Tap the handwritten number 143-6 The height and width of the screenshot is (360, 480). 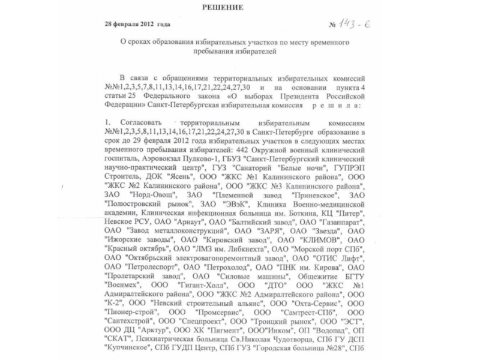(x=355, y=24)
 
